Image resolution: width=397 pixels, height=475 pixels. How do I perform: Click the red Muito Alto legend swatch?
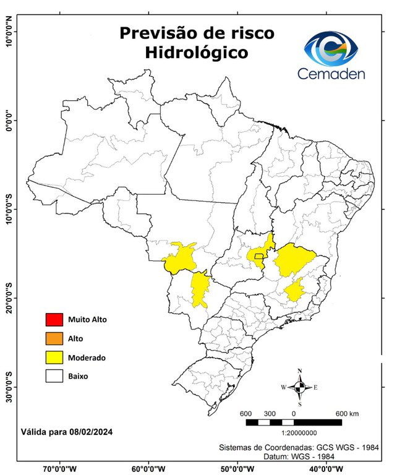click(x=54, y=320)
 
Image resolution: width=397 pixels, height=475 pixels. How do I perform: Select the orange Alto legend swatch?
click(x=54, y=338)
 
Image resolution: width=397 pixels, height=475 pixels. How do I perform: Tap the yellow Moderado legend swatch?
click(x=54, y=357)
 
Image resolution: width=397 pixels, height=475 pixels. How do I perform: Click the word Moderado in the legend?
click(x=87, y=357)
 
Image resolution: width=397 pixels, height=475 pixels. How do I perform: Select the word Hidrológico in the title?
click(x=197, y=53)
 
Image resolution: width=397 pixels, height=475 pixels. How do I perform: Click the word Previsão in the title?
click(x=163, y=32)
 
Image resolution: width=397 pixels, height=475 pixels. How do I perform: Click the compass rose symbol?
click(x=300, y=387)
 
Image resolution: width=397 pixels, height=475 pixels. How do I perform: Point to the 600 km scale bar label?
click(x=347, y=413)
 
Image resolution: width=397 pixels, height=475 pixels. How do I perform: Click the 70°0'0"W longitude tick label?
click(x=61, y=468)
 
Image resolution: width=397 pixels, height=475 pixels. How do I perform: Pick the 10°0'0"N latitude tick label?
click(x=8, y=31)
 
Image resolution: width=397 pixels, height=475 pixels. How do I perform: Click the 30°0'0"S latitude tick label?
click(x=8, y=387)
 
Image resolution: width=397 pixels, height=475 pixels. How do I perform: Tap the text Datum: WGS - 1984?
click(x=305, y=456)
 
